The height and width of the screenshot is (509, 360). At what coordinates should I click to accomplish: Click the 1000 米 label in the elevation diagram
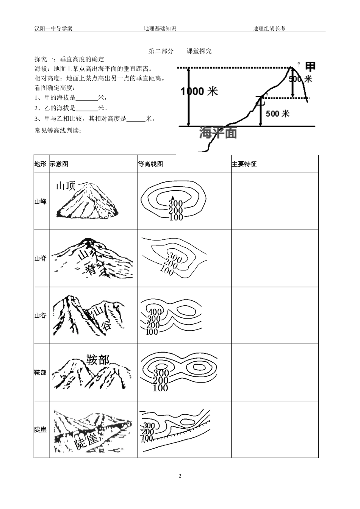point(199,92)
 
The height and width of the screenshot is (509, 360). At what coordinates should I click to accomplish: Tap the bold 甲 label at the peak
point(310,66)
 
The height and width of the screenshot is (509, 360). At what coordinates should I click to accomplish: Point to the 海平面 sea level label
point(218,133)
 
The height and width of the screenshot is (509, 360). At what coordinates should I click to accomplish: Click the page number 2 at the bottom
point(180,476)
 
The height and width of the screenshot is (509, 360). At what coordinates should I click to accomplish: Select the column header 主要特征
point(244,164)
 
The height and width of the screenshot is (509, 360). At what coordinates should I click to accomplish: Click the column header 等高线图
point(150,164)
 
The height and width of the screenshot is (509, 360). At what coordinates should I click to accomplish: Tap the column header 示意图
point(59,164)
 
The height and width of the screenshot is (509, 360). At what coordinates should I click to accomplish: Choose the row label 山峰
point(41,201)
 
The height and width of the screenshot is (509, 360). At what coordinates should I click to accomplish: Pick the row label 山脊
point(41,258)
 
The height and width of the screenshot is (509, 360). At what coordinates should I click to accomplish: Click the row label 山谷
point(41,315)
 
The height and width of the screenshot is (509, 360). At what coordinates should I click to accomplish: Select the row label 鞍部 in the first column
point(41,372)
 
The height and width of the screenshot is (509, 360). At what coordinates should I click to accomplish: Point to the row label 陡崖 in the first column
point(41,429)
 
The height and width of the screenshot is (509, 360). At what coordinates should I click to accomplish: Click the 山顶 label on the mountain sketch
point(66,186)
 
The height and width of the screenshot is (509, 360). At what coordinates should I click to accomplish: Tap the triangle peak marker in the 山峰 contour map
point(172,197)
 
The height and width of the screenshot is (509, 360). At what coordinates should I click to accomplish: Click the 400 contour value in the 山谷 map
point(155,312)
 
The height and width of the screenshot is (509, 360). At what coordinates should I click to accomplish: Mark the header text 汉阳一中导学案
point(53,28)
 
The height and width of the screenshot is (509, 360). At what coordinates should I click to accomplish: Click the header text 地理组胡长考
point(269,28)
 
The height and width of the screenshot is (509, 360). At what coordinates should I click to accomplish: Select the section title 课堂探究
point(199,51)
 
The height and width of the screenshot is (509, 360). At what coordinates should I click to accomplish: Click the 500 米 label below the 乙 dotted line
point(277,113)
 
